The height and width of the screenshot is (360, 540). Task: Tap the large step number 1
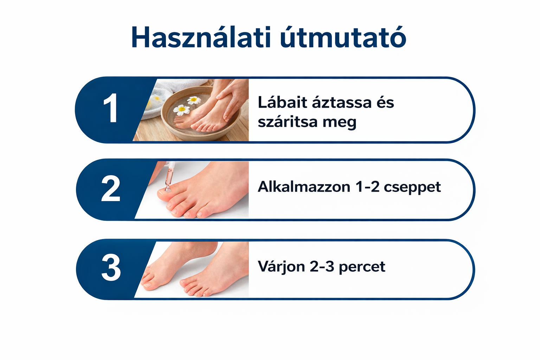pos(111,109)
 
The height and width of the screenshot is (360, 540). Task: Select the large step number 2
pos(111,189)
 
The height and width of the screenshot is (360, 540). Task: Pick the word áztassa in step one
pos(337,103)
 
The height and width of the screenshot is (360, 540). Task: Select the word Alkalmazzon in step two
pos(304,187)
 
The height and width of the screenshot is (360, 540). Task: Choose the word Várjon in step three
pos(281,267)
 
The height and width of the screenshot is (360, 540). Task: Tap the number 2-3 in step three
pos(322,266)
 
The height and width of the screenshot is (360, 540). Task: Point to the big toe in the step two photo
pos(168,195)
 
